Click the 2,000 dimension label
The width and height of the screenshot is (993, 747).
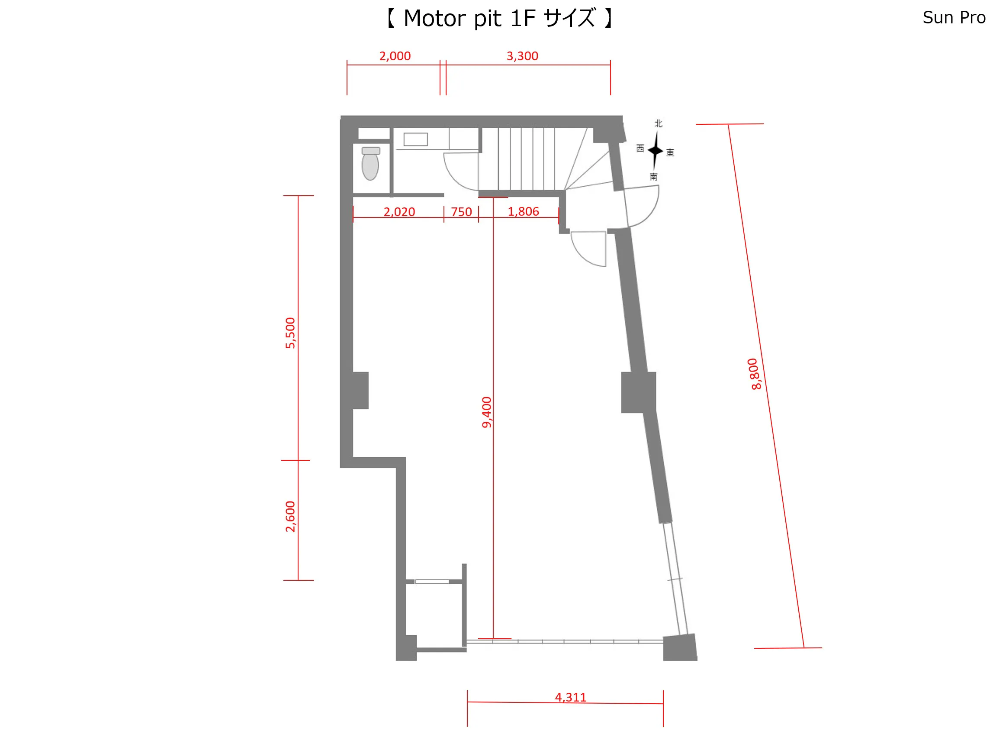click(x=395, y=56)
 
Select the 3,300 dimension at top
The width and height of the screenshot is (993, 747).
click(x=522, y=56)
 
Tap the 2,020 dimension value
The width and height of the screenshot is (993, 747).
click(x=399, y=212)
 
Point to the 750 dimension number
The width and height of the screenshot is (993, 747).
click(x=462, y=212)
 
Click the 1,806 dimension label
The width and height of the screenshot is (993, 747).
click(x=523, y=212)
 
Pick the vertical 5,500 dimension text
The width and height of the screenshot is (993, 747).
click(x=290, y=333)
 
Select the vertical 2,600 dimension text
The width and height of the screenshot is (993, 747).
click(x=290, y=517)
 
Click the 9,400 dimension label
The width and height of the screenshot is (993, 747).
click(x=487, y=412)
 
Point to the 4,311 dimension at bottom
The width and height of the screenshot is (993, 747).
click(x=571, y=697)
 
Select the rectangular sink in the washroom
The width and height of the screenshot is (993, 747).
click(x=415, y=139)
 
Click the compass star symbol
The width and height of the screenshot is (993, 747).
click(x=656, y=150)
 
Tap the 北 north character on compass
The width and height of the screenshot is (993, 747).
click(x=659, y=123)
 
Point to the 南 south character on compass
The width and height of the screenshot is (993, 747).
click(x=654, y=177)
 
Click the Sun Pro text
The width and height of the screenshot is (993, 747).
click(x=954, y=17)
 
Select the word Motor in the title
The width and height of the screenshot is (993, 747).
click(x=434, y=19)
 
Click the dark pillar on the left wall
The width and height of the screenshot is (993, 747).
click(x=360, y=390)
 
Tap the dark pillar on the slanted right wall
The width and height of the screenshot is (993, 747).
click(x=638, y=392)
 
